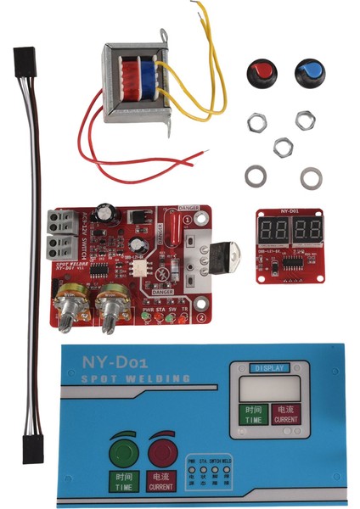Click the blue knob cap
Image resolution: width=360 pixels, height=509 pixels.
click(309, 73)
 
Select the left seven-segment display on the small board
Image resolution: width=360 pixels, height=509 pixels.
click(276, 229)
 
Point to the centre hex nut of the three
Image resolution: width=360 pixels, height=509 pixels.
click(283, 148)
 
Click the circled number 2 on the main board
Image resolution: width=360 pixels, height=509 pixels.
click(200, 319)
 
